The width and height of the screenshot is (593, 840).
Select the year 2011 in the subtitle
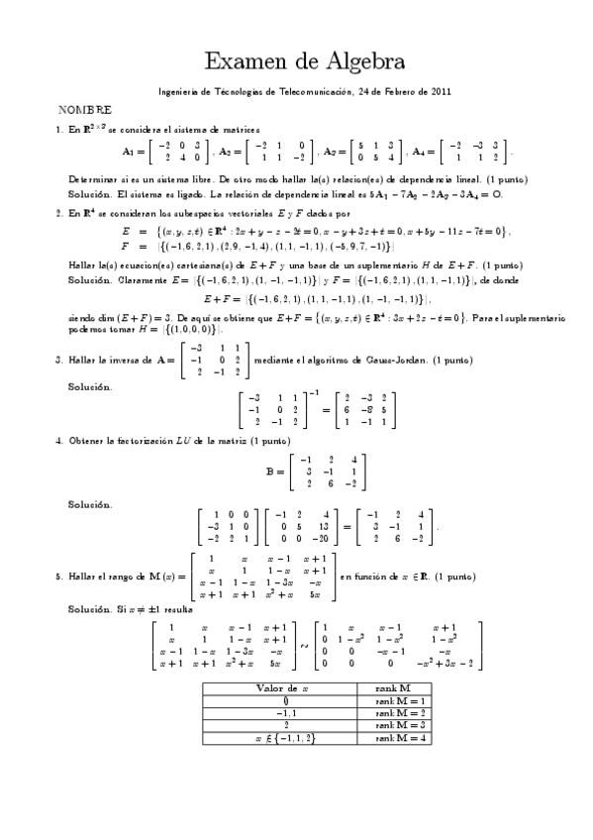click(441, 91)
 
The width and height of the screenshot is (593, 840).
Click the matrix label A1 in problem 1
click(128, 152)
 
